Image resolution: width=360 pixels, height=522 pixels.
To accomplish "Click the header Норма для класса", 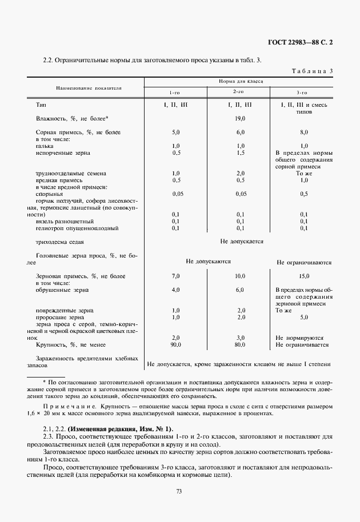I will pyautogui.click(x=241, y=82).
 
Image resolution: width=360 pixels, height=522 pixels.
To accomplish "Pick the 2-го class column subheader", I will pyautogui.click(x=239, y=92).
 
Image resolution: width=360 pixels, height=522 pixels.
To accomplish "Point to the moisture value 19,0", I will pyautogui.click(x=240, y=119).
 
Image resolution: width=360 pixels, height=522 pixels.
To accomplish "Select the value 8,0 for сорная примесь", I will pyautogui.click(x=304, y=132).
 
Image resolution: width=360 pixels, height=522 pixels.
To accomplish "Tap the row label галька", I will pyautogui.click(x=45, y=146).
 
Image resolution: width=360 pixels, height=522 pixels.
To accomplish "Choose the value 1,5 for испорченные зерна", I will pyautogui.click(x=240, y=153).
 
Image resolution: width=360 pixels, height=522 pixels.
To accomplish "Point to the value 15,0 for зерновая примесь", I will pyautogui.click(x=304, y=276).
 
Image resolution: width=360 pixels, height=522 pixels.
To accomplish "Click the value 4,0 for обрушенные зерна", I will pyautogui.click(x=176, y=290).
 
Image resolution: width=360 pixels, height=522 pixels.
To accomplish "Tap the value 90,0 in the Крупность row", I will pyautogui.click(x=176, y=345).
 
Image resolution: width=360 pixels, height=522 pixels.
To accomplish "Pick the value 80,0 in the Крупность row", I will pyautogui.click(x=240, y=345).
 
